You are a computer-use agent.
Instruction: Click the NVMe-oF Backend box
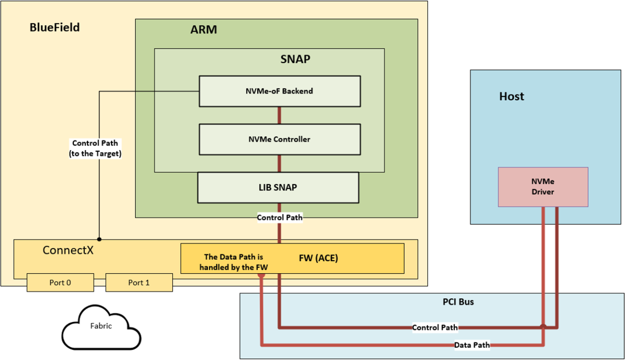coord(280,91)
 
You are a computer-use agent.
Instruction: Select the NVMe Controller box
coord(280,139)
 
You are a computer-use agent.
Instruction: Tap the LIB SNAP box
coord(278,187)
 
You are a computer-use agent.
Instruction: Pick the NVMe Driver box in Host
coord(543,187)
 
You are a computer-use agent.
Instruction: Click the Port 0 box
coord(60,282)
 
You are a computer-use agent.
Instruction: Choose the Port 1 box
coord(139,282)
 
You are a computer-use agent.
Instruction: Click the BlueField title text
coord(55,28)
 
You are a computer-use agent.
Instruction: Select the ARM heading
coord(204,30)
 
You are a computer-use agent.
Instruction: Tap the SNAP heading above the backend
coord(295,59)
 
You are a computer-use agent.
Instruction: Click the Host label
coord(511,96)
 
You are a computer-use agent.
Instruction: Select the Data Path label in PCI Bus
coord(472,345)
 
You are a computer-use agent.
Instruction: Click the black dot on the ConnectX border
coord(99,239)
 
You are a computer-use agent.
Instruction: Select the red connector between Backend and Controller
coord(279,115)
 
